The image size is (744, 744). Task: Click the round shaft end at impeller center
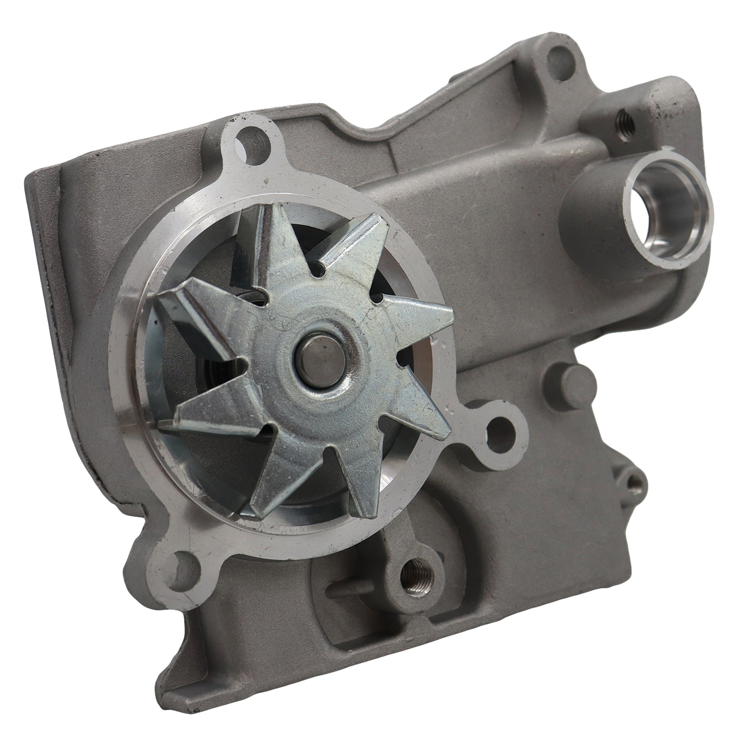(x=322, y=354)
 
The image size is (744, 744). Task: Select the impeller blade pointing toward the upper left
(x=200, y=304)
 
